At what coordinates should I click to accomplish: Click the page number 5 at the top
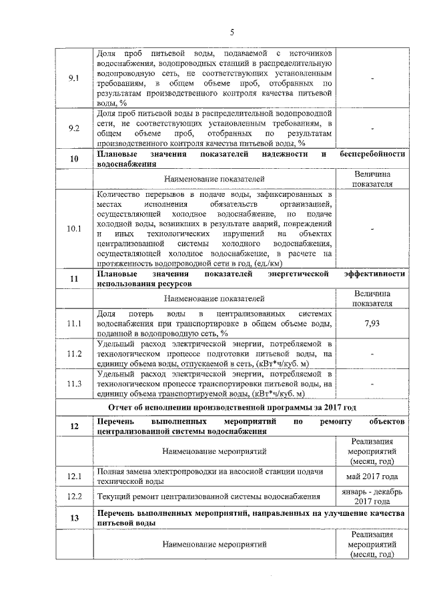click(x=232, y=31)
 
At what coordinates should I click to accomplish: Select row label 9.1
click(x=74, y=78)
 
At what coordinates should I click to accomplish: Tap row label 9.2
click(x=74, y=127)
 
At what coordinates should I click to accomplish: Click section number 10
click(x=74, y=158)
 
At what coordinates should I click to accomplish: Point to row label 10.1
click(x=74, y=229)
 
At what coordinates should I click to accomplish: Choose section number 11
click(x=74, y=278)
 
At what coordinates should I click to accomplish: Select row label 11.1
click(x=74, y=324)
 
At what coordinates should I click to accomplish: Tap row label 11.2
click(x=74, y=354)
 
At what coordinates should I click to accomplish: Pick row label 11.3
click(x=74, y=384)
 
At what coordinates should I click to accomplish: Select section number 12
click(x=74, y=428)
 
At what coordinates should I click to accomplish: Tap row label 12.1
click(x=74, y=476)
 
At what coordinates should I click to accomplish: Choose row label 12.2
click(x=74, y=496)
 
